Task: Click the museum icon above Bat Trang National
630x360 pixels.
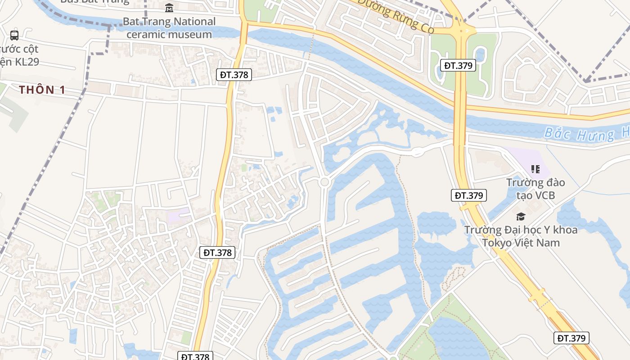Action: tap(169, 8)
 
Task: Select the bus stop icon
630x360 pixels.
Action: tap(14, 35)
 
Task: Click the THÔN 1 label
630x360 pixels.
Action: tap(42, 90)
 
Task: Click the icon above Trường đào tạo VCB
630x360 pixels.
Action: tap(535, 169)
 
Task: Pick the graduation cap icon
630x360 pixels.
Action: tap(521, 217)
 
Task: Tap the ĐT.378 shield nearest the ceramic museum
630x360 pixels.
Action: tap(234, 75)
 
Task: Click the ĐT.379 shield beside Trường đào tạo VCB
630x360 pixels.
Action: tap(468, 195)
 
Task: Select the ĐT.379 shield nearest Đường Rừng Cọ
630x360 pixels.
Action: tap(458, 66)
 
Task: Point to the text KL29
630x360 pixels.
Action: tap(27, 62)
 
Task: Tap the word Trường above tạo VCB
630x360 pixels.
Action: tap(526, 183)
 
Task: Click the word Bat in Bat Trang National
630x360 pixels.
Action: tap(131, 22)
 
